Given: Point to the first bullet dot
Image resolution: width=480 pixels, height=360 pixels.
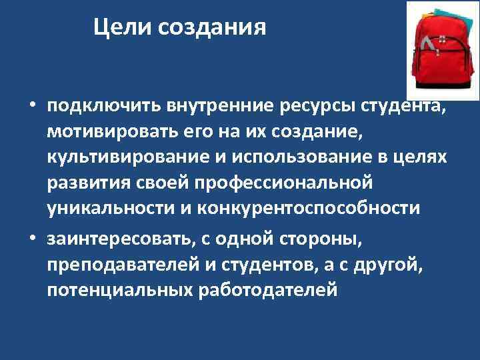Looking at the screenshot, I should [x=31, y=107].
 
